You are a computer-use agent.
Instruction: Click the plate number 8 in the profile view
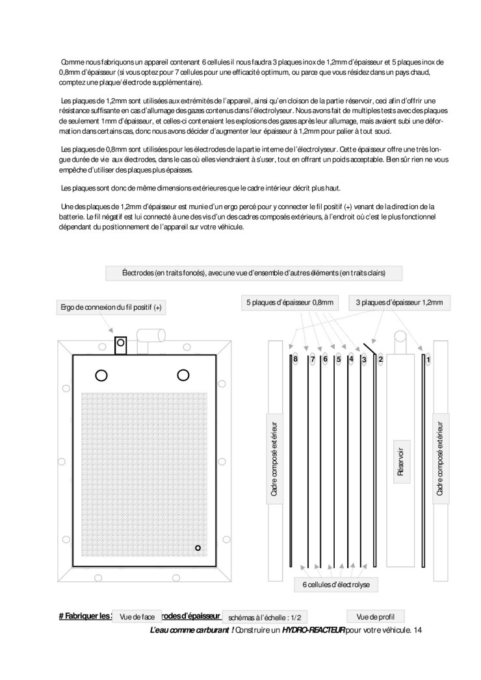coord(295,359)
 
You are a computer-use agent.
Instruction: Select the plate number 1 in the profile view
coord(428,359)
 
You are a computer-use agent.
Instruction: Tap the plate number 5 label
coord(339,359)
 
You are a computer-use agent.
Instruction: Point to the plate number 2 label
coord(381,359)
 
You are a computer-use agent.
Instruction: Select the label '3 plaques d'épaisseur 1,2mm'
coord(399,302)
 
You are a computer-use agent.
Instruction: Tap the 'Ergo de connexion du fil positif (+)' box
coord(111,307)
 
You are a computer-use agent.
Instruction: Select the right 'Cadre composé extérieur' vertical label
coord(440,459)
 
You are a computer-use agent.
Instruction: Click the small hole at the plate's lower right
coord(198,549)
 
